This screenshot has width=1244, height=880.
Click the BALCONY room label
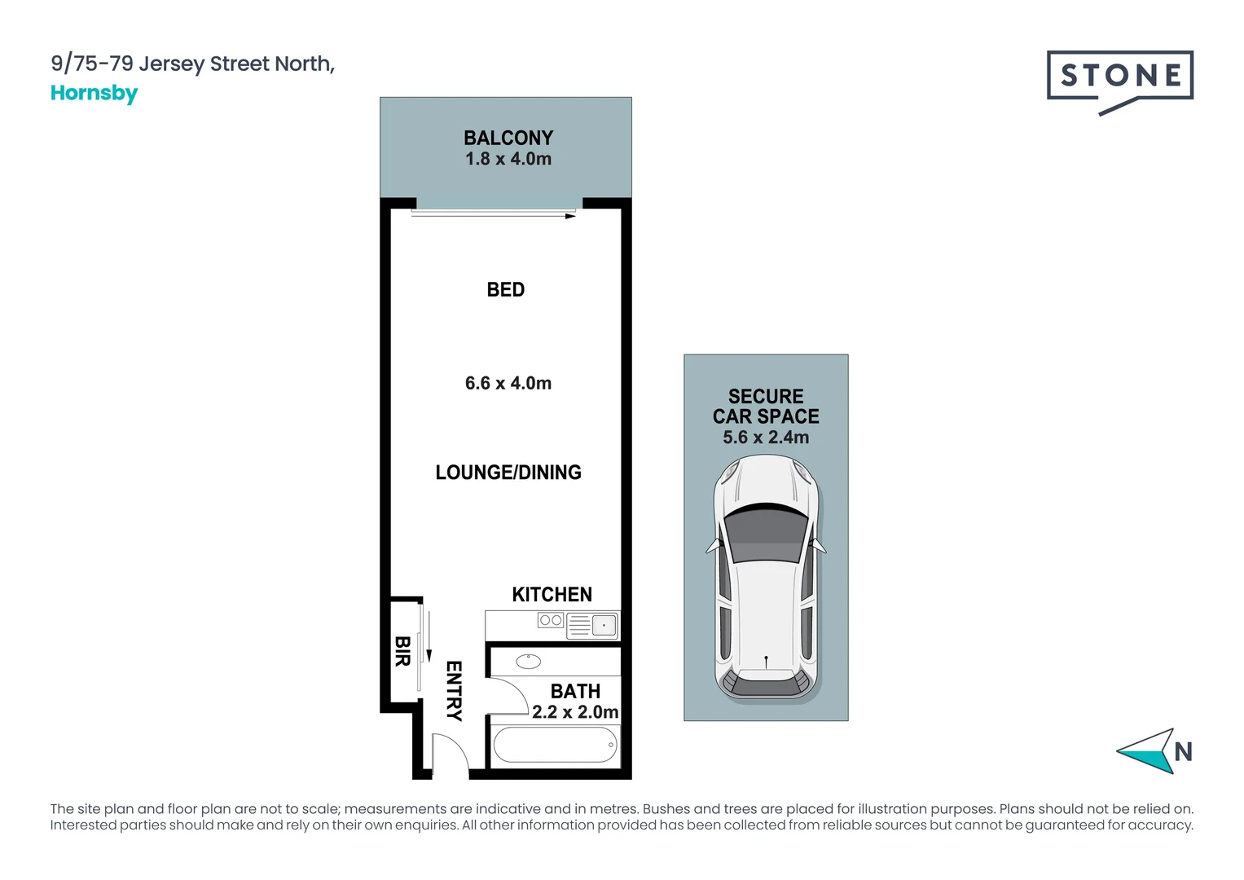tap(508, 138)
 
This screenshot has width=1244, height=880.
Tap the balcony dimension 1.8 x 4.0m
tap(508, 159)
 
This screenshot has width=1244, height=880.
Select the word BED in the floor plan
tap(505, 289)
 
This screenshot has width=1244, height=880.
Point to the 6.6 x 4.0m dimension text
tap(508, 383)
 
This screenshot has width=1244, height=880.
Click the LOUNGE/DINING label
tap(508, 473)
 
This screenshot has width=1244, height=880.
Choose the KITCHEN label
tap(552, 595)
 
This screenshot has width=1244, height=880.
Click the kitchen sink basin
tap(604, 626)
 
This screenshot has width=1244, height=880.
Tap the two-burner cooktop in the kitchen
tap(551, 621)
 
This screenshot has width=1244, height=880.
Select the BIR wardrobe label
tap(402, 651)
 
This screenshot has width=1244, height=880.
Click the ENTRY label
tap(454, 690)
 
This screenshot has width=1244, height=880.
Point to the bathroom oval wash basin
tap(528, 661)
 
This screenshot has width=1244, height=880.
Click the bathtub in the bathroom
tap(555, 745)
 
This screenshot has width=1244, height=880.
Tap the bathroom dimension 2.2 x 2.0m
tap(574, 712)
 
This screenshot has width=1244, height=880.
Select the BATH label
tap(575, 691)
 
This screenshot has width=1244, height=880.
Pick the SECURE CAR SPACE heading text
tap(766, 407)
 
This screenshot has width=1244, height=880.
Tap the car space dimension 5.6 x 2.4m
tap(766, 438)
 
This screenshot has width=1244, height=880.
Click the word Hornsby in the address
tap(94, 93)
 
